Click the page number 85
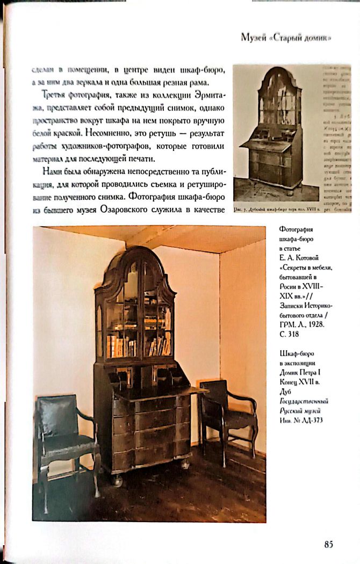pos(328,544)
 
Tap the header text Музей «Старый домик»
pos(285,38)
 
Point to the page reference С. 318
pos(291,334)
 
